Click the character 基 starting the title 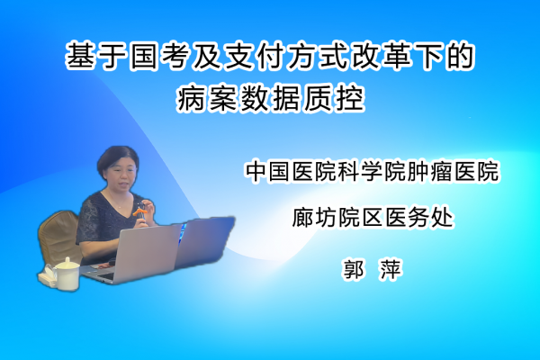(x=80, y=56)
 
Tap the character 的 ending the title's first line (x=460, y=56)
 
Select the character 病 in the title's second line (x=191, y=98)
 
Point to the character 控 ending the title (x=349, y=98)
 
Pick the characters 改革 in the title (x=381, y=56)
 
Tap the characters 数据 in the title (x=270, y=98)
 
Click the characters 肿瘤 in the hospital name (x=429, y=171)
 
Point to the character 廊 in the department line (x=302, y=217)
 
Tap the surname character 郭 (x=354, y=269)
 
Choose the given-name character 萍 (x=391, y=269)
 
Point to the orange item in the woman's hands (x=139, y=210)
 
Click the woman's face (x=121, y=175)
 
